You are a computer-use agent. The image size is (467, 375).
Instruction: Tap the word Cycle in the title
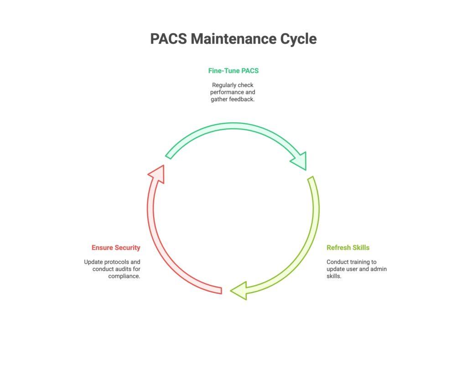298,39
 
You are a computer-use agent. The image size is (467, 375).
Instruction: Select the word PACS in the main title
168,39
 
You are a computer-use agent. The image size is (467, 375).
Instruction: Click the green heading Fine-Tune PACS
233,71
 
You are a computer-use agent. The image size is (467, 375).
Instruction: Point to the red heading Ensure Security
116,248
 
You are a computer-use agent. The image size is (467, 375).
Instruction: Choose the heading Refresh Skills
348,248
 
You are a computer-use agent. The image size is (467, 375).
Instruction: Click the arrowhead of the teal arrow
300,160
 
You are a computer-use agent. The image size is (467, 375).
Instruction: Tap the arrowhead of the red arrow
156,174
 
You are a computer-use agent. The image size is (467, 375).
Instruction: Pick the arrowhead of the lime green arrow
239,291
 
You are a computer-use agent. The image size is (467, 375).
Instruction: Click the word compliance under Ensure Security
124,276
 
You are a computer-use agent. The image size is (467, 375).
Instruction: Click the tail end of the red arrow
221,290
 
